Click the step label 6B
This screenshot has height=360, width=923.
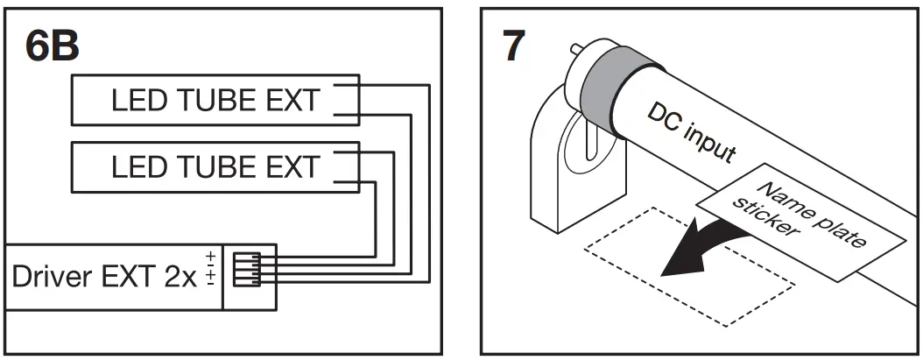point(53,46)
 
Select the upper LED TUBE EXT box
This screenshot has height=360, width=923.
point(215,102)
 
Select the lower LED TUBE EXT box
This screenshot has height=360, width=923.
point(215,166)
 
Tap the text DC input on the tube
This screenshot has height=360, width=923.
point(692,133)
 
